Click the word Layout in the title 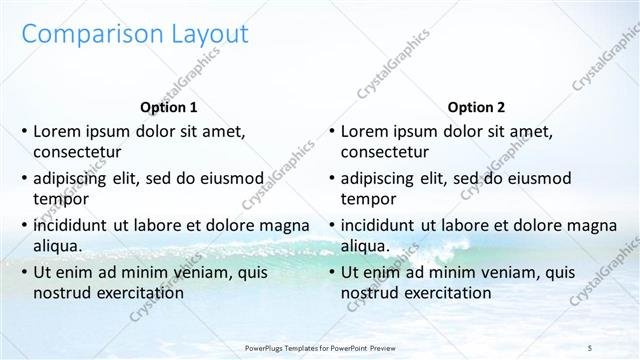(200, 35)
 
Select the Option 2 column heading (477, 107)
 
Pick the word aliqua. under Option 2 (366, 246)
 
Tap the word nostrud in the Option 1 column (63, 293)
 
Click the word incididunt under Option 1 (72, 225)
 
